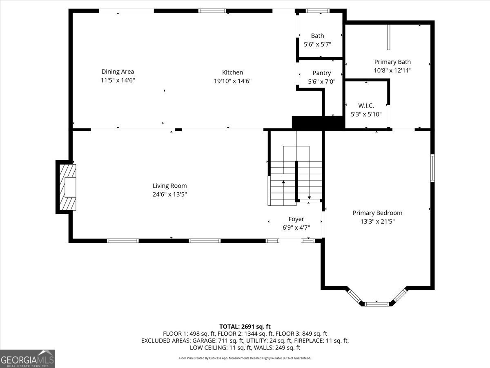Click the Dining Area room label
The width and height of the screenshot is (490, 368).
118,72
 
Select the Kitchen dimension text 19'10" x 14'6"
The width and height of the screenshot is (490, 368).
232,81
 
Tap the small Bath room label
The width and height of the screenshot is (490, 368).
317,36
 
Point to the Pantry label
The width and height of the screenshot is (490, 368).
322,73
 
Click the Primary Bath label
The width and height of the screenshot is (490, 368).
392,62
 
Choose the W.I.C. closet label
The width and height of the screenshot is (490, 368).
366,105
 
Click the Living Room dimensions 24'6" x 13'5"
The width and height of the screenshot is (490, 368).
170,194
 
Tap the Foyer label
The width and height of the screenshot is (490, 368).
296,219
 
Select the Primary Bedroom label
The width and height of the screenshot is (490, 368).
377,213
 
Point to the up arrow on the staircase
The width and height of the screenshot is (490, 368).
283,182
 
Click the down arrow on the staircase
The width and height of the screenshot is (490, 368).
309,197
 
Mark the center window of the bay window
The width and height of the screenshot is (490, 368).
376,303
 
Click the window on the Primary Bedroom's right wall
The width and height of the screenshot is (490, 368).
432,168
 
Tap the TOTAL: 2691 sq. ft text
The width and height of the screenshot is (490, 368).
245,326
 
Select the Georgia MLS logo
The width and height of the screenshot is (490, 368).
27,359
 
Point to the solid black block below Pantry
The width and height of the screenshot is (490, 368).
317,122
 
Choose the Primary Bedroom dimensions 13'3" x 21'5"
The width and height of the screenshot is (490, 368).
377,221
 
